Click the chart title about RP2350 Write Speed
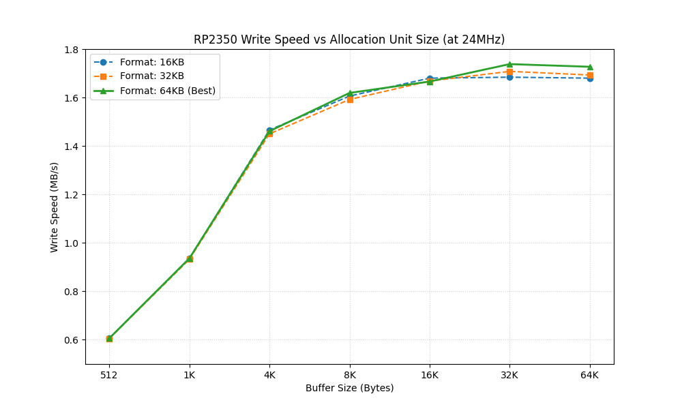click(x=349, y=40)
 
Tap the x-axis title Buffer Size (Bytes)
click(x=349, y=388)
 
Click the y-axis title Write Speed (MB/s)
click(x=55, y=207)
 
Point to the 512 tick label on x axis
click(x=109, y=374)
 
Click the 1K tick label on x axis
click(x=190, y=374)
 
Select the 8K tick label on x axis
click(x=350, y=374)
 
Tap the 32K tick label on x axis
click(x=509, y=374)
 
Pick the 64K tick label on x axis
click(x=590, y=374)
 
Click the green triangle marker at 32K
click(x=509, y=64)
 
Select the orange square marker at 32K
click(x=509, y=72)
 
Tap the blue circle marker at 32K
click(x=509, y=77)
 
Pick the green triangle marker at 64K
click(x=590, y=67)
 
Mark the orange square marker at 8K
click(x=350, y=100)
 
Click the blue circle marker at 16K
click(x=430, y=78)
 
